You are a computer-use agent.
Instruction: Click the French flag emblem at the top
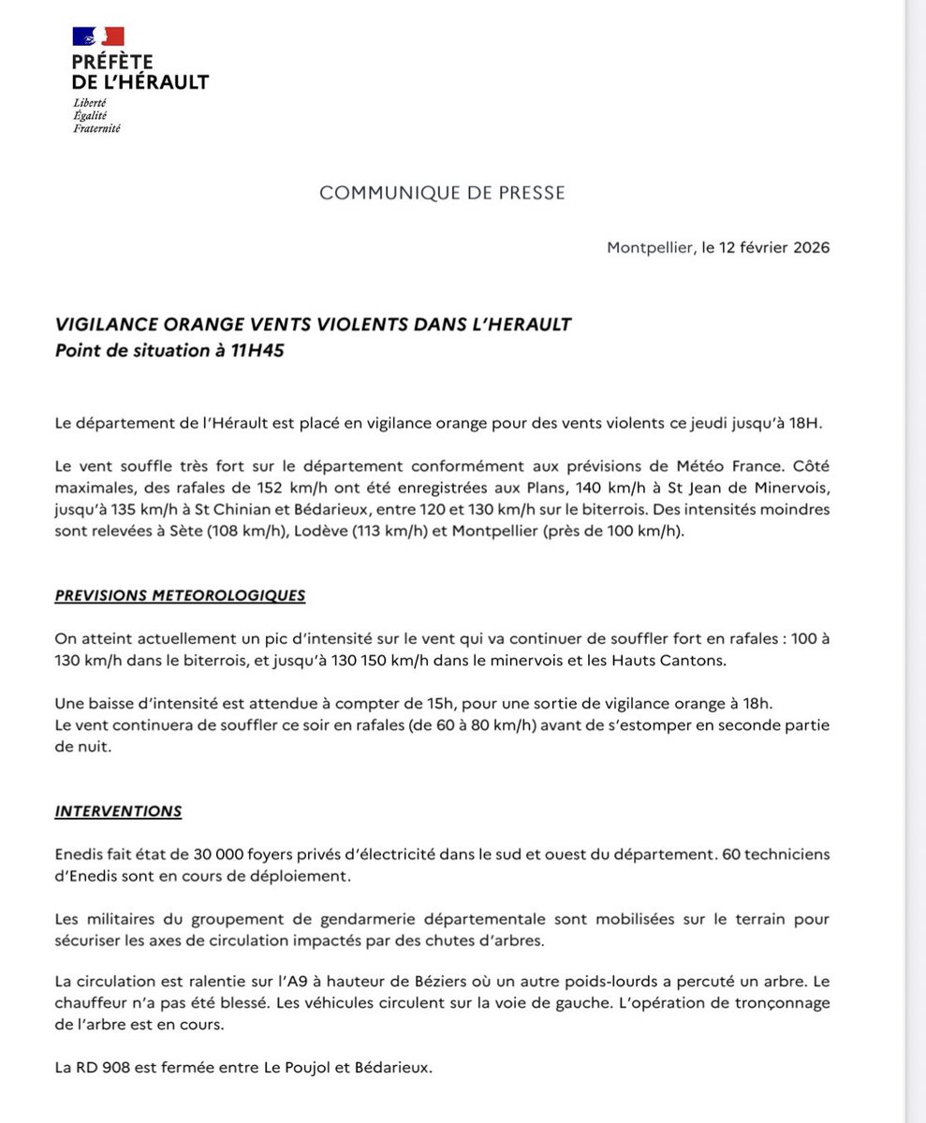pos(98,36)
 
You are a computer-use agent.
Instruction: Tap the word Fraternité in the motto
pos(97,127)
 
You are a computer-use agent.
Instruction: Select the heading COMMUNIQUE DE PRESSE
pos(442,193)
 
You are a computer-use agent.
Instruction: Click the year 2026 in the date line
pos(809,248)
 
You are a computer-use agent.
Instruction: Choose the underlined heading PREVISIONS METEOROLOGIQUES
pos(179,595)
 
